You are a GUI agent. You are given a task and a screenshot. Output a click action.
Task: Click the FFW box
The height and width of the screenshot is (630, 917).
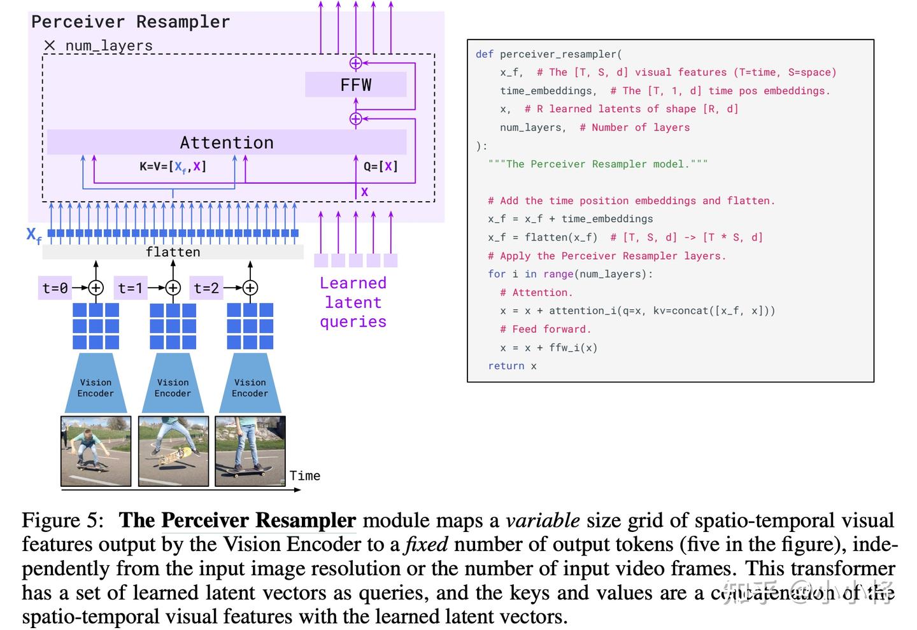[355, 85]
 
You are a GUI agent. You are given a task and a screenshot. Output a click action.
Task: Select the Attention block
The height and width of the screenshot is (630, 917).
[227, 142]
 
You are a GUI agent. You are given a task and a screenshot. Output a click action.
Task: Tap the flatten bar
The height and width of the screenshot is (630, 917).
[173, 252]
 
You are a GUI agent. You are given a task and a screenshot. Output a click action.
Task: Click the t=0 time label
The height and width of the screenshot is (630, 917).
[55, 288]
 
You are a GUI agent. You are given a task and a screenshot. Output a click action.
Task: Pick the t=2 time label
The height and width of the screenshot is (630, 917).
[206, 288]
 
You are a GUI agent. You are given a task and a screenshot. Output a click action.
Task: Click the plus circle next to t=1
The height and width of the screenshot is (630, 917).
[173, 288]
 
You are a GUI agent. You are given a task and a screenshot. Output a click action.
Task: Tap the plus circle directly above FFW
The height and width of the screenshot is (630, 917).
[356, 63]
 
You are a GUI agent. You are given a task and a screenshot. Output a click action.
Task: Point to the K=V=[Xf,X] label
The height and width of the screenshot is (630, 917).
[173, 167]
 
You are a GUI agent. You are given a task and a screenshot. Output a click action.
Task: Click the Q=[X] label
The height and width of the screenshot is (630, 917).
[381, 167]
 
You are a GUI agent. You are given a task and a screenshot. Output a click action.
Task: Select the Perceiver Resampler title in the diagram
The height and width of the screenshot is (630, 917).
[131, 22]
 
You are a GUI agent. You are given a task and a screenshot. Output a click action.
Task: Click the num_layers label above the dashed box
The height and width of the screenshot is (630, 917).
[109, 46]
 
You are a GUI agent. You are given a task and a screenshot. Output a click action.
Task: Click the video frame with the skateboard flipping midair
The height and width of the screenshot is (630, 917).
[173, 451]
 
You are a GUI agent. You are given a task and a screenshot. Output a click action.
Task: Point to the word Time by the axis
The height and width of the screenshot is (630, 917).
[305, 475]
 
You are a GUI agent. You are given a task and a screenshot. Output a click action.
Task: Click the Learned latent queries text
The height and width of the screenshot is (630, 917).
[353, 302]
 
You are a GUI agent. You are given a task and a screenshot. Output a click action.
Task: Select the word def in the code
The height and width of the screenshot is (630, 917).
[484, 54]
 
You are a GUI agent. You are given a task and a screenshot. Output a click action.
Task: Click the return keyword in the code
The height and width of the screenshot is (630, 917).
[506, 366]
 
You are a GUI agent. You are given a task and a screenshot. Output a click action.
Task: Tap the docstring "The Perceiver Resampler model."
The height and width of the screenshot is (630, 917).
[597, 164]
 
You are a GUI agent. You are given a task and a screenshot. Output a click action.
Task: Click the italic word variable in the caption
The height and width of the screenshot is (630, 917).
[543, 521]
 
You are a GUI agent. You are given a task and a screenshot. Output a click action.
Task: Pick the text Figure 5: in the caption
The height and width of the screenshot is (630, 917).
[62, 521]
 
